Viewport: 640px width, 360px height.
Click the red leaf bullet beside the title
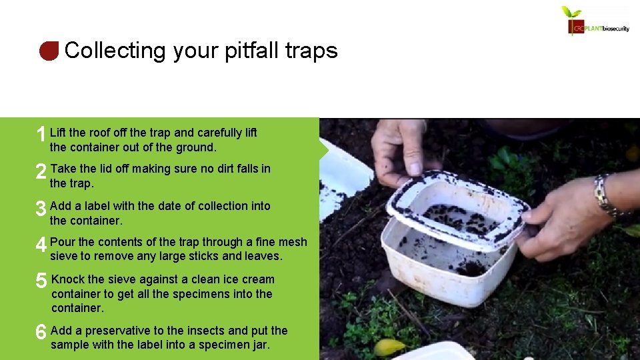(x=49, y=51)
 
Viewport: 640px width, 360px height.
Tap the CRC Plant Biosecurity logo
(x=595, y=21)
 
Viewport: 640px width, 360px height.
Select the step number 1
(x=41, y=135)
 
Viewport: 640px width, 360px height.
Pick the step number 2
(x=41, y=172)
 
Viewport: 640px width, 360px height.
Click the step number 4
(x=41, y=245)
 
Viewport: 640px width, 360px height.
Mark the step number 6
(x=41, y=332)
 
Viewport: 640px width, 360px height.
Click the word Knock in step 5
(x=67, y=279)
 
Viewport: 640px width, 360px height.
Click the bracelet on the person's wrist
(x=603, y=195)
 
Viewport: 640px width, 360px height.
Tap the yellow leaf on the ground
(x=389, y=347)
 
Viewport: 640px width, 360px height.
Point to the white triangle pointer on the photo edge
(x=325, y=147)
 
